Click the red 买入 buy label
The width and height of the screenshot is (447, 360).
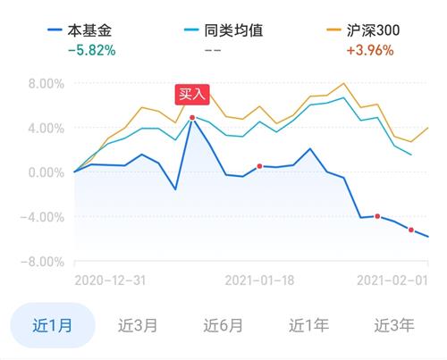coord(192,95)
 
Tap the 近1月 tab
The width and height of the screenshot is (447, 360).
coord(53,325)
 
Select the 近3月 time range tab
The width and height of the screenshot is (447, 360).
coord(138,325)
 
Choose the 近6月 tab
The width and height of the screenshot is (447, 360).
coord(223,325)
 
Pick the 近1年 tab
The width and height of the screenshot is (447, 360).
coord(308,325)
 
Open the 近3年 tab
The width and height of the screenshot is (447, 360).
coord(394,325)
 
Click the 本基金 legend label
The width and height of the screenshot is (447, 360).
coord(89,30)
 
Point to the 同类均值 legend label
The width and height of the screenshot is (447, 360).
coord(233,30)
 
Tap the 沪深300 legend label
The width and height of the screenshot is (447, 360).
coord(373,30)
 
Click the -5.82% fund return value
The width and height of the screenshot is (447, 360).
coord(92,50)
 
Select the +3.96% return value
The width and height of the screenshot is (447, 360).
coord(370,50)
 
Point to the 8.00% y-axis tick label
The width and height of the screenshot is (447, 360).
coord(46,84)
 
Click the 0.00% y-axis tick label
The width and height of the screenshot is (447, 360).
coord(46,172)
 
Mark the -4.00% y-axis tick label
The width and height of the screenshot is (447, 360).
coord(42,217)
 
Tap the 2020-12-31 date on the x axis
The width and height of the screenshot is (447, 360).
coord(110,280)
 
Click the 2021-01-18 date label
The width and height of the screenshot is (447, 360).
coord(259,280)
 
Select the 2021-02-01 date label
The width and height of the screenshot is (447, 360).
coord(392,280)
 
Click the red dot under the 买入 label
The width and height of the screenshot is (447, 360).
coord(192,118)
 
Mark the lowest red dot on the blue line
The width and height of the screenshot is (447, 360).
coord(411,230)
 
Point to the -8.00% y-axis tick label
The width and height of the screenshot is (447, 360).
coord(42,263)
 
